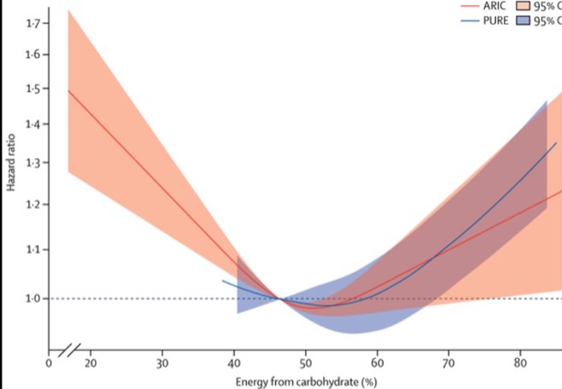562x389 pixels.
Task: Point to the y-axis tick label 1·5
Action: (33, 89)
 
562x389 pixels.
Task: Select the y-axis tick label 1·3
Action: (33, 163)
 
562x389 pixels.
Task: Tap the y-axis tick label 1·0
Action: (33, 298)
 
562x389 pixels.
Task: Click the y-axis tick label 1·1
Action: (33, 249)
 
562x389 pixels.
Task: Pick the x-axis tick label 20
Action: (90, 362)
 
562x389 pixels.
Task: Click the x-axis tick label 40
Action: (234, 362)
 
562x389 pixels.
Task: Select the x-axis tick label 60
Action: (377, 362)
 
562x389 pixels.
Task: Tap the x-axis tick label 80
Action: (520, 362)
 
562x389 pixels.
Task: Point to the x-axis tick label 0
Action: (49, 362)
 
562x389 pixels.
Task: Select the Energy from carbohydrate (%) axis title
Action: (306, 380)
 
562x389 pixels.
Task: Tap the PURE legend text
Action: (495, 21)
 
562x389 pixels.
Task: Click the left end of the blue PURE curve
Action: (223, 280)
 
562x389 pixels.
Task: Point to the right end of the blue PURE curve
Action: (556, 143)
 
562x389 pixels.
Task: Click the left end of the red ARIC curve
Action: (68, 90)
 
